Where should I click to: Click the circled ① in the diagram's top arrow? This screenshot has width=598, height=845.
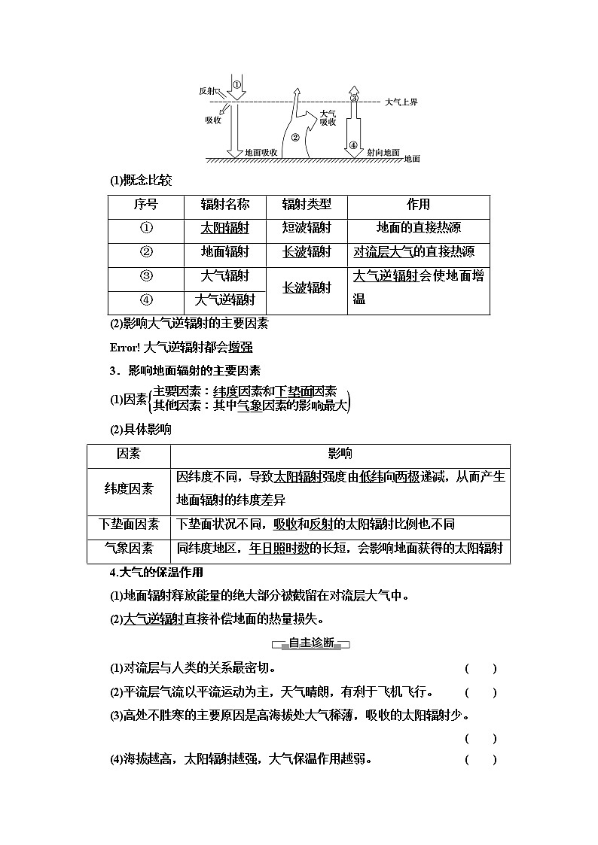pyautogui.click(x=236, y=85)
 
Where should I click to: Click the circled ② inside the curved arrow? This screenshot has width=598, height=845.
pyautogui.click(x=294, y=138)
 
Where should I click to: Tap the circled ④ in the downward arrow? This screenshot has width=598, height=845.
pyautogui.click(x=353, y=145)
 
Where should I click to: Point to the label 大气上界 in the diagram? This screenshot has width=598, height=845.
pyautogui.click(x=401, y=101)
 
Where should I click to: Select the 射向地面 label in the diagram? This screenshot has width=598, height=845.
pyautogui.click(x=383, y=152)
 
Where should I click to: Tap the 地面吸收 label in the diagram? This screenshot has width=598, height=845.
pyautogui.click(x=261, y=152)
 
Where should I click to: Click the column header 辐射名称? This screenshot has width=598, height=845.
pyautogui.click(x=224, y=205)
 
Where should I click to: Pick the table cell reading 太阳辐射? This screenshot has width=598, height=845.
pyautogui.click(x=224, y=228)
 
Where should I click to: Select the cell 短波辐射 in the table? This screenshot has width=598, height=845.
pyautogui.click(x=307, y=228)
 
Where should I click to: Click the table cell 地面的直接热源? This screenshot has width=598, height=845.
pyautogui.click(x=418, y=228)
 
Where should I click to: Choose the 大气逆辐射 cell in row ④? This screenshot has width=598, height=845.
pyautogui.click(x=224, y=300)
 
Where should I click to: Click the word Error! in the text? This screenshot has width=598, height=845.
pyautogui.click(x=124, y=347)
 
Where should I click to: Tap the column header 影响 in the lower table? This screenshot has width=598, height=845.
pyautogui.click(x=340, y=454)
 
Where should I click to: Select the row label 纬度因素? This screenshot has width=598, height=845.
pyautogui.click(x=128, y=488)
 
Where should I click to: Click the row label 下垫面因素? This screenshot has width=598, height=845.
pyautogui.click(x=128, y=524)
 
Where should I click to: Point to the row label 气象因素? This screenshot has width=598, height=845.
pyautogui.click(x=128, y=548)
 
